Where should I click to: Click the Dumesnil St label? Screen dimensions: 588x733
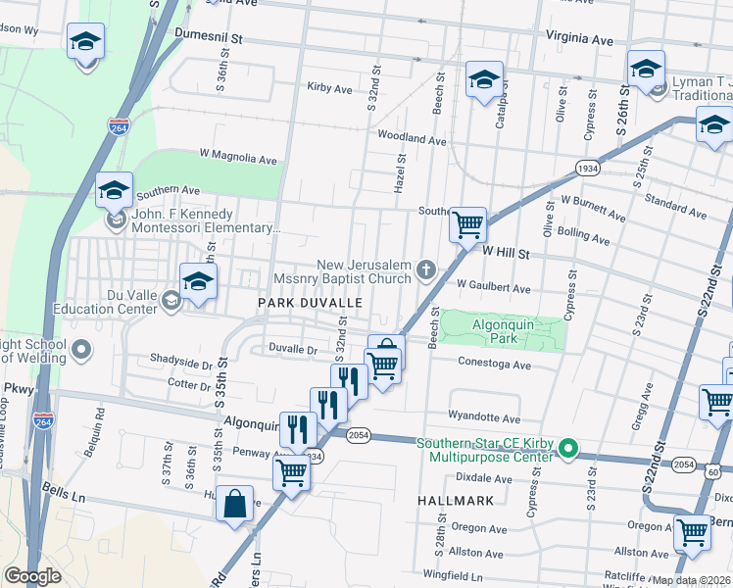tap(208, 33)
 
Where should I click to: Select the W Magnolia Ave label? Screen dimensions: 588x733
tap(238, 157)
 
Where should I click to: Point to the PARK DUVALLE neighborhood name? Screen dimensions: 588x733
tap(310, 304)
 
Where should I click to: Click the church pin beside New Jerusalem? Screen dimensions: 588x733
tap(425, 268)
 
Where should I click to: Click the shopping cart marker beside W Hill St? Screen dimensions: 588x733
tap(467, 224)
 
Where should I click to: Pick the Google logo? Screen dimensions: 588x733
tap(32, 576)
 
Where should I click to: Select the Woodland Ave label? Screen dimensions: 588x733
tap(412, 139)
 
